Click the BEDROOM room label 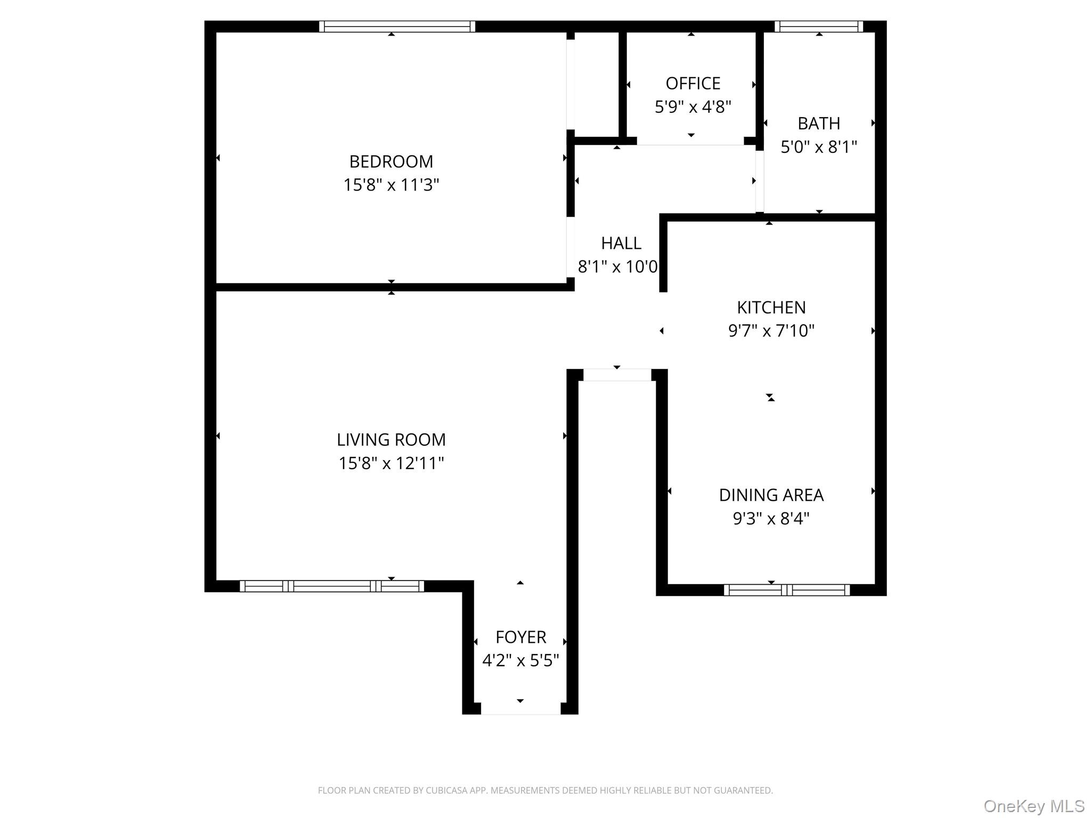pyautogui.click(x=391, y=161)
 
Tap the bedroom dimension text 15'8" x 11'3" pyautogui.click(x=391, y=185)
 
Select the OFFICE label pyautogui.click(x=693, y=84)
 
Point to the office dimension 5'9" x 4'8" pyautogui.click(x=693, y=107)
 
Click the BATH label pyautogui.click(x=819, y=124)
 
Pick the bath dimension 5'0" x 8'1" pyautogui.click(x=819, y=147)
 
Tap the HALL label pyautogui.click(x=621, y=243)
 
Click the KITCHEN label pyautogui.click(x=771, y=307)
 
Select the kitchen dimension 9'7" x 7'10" pyautogui.click(x=771, y=331)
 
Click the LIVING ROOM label pyautogui.click(x=391, y=440)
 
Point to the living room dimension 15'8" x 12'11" pyautogui.click(x=391, y=463)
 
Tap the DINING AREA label pyautogui.click(x=771, y=495)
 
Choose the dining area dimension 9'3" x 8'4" pyautogui.click(x=771, y=519)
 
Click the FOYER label pyautogui.click(x=520, y=637)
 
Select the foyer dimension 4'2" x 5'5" pyautogui.click(x=520, y=660)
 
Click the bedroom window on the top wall pyautogui.click(x=397, y=27)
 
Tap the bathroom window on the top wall pyautogui.click(x=819, y=27)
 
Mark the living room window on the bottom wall pyautogui.click(x=332, y=586)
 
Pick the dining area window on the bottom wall pyautogui.click(x=787, y=590)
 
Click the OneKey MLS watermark pyautogui.click(x=1034, y=806)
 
